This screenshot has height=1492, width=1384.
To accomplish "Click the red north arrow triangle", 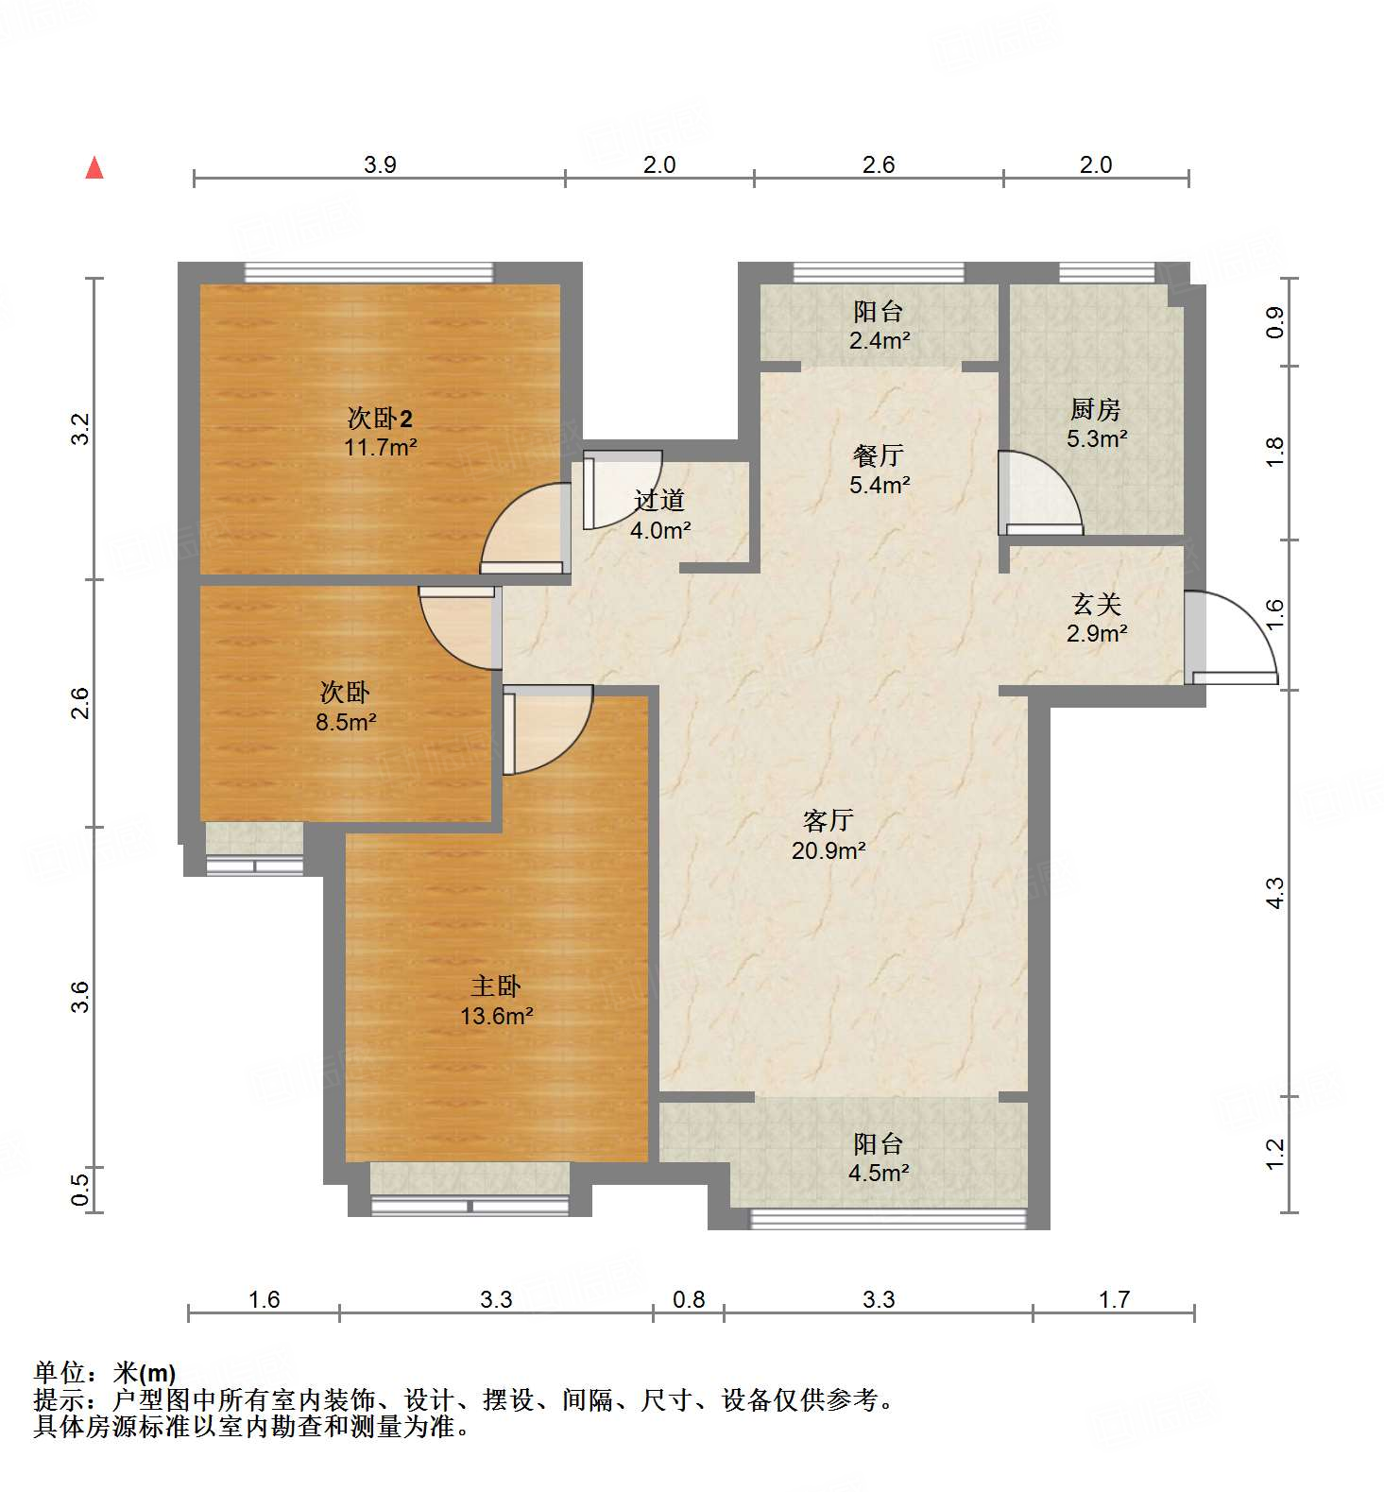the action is (94, 168).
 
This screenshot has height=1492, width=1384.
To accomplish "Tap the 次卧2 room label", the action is (381, 418).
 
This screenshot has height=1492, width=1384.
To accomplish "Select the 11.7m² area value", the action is (381, 447).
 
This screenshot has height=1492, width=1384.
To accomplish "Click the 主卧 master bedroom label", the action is (496, 986).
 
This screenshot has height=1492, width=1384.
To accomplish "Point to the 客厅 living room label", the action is (829, 820).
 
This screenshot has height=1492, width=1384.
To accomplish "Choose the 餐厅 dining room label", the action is (879, 455).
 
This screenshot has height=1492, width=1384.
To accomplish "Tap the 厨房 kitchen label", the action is (1096, 409).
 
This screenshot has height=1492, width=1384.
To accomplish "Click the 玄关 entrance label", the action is (1096, 603).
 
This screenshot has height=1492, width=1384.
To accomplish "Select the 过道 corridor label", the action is (659, 500).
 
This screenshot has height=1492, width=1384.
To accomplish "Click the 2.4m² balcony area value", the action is (880, 340).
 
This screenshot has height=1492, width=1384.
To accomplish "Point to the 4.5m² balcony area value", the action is (880, 1173).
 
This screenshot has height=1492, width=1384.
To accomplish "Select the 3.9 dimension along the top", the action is (380, 164).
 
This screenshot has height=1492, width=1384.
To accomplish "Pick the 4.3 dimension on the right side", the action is (1274, 893).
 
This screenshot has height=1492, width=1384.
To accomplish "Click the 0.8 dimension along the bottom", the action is (689, 1299).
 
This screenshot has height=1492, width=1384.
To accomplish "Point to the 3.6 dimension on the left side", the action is (81, 997).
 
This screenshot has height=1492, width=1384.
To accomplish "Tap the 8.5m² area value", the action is (345, 722).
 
